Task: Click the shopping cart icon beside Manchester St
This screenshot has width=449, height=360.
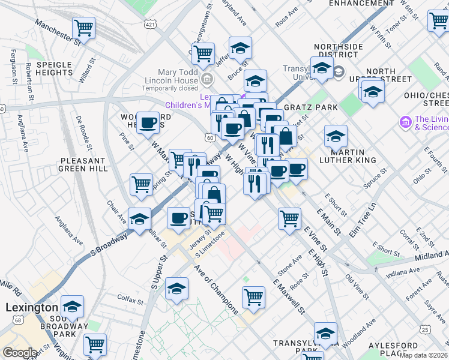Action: (x=83, y=28)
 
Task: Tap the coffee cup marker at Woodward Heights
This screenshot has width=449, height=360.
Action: (x=148, y=122)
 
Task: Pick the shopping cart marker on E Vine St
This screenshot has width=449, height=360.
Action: (x=289, y=218)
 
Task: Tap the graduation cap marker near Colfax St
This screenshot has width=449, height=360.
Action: (x=177, y=289)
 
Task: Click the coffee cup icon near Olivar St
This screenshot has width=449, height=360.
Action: (x=178, y=218)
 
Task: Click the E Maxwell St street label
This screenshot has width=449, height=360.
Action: (x=289, y=297)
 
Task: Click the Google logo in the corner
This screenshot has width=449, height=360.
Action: (x=20, y=353)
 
